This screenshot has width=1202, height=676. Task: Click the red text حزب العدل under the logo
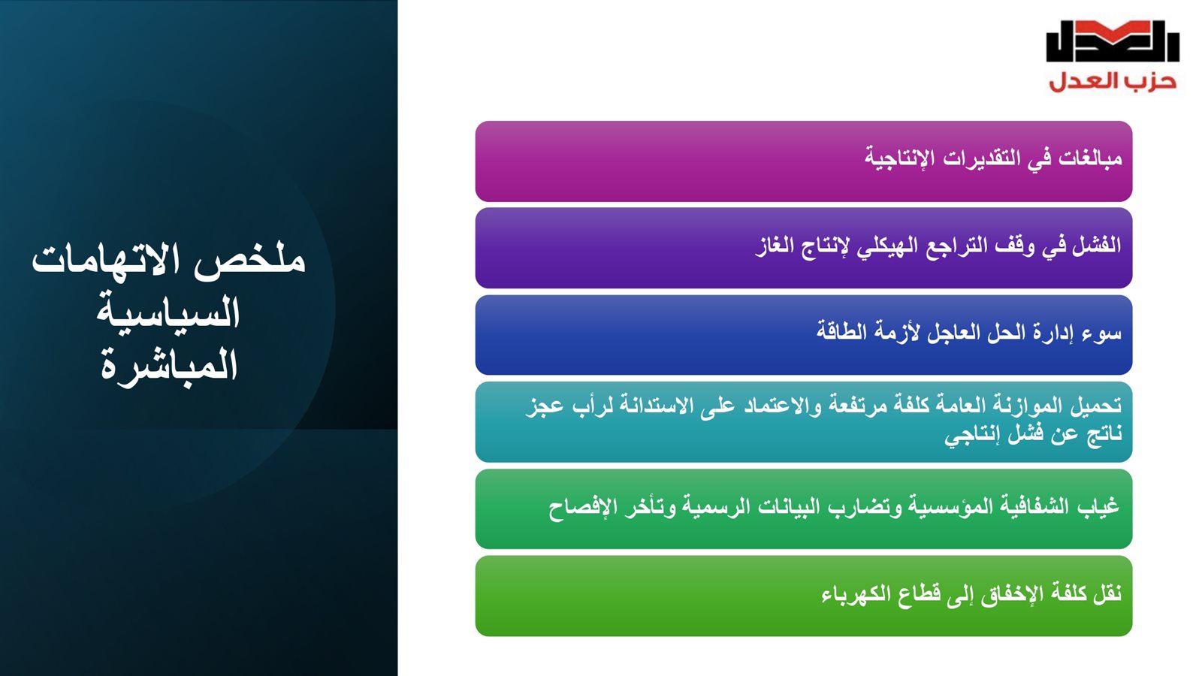point(1113,82)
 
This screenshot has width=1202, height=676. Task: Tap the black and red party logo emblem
point(1113,41)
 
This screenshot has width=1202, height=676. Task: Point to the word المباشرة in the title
point(169,365)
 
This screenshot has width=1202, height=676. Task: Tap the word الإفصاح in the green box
point(576,507)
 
